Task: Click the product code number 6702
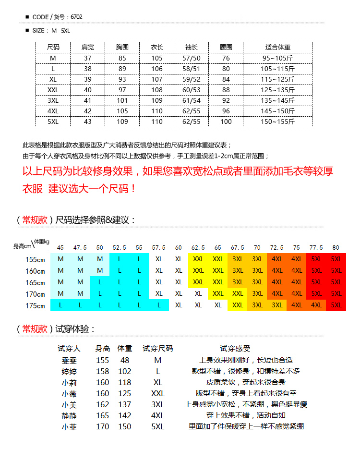point(76,17)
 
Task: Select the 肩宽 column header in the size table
point(88,48)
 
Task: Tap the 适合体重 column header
point(277,48)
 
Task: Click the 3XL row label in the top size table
point(53,100)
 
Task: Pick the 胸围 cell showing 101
point(122,100)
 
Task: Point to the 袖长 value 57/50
point(192,58)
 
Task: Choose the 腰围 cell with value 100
point(226,121)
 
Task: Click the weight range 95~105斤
point(278,58)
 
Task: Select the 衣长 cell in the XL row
point(157,79)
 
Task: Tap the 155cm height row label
point(35,259)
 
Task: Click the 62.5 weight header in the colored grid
point(198,248)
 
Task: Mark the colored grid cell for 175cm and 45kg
point(60,305)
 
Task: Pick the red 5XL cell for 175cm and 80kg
point(336,305)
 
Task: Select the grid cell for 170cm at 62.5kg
point(198,293)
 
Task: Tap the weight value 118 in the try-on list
point(124,382)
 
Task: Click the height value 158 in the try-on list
point(102,371)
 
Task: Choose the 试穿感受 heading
point(235,349)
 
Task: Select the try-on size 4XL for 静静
point(158,415)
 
